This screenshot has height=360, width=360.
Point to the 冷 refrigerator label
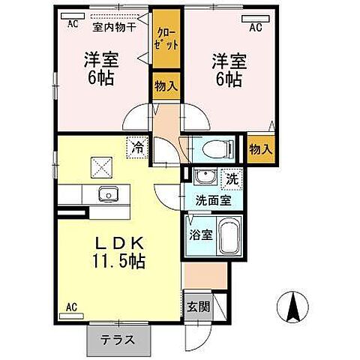point(137,147)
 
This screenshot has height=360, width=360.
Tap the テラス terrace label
point(118,339)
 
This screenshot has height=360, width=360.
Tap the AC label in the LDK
point(72,306)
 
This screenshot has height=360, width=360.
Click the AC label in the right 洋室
point(254,28)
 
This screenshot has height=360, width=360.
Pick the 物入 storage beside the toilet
point(259,149)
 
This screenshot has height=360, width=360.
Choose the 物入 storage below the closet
point(165,86)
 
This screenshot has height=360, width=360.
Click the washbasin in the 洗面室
point(202,178)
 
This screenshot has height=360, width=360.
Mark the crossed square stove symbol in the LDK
point(100,165)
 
